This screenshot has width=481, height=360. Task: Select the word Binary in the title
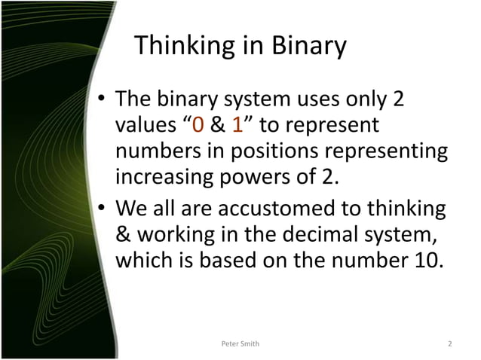coord(306,47)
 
